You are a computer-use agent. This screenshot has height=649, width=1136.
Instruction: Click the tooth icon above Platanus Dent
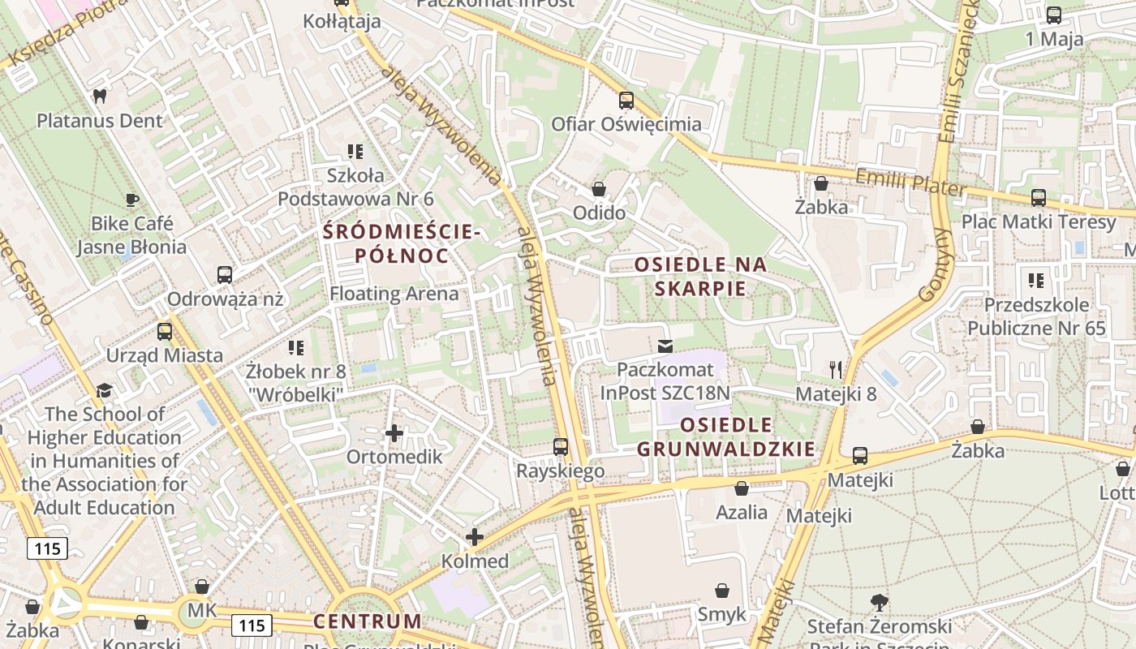coord(100,96)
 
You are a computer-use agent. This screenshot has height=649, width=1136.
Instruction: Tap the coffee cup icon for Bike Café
coord(132,199)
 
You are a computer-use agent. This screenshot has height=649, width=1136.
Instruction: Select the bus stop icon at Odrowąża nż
coord(225,275)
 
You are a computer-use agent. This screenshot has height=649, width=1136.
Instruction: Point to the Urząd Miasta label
coord(165,355)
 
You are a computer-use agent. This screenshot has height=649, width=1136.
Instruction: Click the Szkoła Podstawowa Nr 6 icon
coord(355,151)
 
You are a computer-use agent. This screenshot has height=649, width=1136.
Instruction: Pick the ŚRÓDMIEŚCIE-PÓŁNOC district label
coord(402,243)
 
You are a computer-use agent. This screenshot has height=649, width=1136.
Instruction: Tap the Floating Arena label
coord(394,294)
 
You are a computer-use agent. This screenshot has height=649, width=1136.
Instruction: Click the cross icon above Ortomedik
coord(394,433)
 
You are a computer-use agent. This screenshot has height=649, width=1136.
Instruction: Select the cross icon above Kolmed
coord(475,537)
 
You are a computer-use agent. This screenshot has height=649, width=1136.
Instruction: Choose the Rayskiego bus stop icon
coord(561,447)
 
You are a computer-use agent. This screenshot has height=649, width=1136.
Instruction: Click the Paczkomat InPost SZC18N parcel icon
coord(665,346)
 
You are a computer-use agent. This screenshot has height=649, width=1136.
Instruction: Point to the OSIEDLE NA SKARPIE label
coord(700,277)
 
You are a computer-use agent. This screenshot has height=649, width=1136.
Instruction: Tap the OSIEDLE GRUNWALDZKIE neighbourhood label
coord(725,436)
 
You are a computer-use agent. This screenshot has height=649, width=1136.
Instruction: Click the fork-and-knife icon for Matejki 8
coord(836,370)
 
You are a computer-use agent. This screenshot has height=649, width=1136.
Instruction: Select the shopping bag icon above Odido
coord(599,189)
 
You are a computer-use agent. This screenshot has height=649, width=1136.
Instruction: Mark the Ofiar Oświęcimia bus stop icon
coord(626,101)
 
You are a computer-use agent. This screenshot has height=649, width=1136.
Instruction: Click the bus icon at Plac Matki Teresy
coord(1038,197)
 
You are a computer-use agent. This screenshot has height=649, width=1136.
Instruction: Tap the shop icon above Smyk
coord(722,591)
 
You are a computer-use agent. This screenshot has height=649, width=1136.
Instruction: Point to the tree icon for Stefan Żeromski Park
coord(879,603)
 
